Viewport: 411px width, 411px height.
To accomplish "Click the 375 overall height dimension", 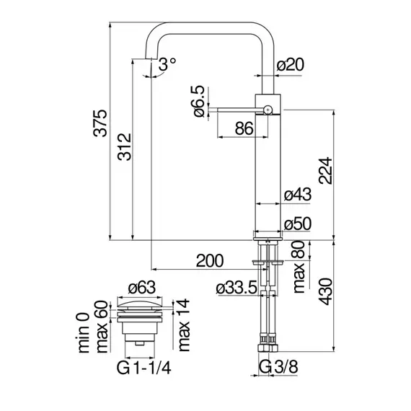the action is click(100, 123).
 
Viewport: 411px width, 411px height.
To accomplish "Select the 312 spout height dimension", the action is click(124, 147).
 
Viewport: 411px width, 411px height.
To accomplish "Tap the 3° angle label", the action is click(167, 64).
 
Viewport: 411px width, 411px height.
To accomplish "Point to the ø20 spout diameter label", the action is click(291, 65).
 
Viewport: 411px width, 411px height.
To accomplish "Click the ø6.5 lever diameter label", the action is click(199, 101).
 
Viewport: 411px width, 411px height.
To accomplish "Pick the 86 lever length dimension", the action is click(244, 128).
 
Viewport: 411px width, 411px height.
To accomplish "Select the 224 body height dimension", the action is click(325, 171).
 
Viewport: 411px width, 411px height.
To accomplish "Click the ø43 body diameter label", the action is click(298, 195).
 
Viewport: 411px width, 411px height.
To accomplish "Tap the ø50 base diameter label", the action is click(298, 224).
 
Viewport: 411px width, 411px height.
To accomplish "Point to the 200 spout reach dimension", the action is click(210, 260).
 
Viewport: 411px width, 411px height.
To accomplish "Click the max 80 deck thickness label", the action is click(299, 267).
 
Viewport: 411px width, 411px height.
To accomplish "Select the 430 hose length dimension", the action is click(325, 292).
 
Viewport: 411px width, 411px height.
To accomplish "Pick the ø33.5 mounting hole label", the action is click(237, 288).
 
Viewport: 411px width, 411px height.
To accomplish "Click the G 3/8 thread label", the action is click(278, 367).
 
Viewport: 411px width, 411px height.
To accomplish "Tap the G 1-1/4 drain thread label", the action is click(144, 368).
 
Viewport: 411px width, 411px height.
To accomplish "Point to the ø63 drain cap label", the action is click(142, 287).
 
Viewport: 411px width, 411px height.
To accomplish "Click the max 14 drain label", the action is click(184, 325).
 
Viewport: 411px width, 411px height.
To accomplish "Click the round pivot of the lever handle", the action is click(268, 110).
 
